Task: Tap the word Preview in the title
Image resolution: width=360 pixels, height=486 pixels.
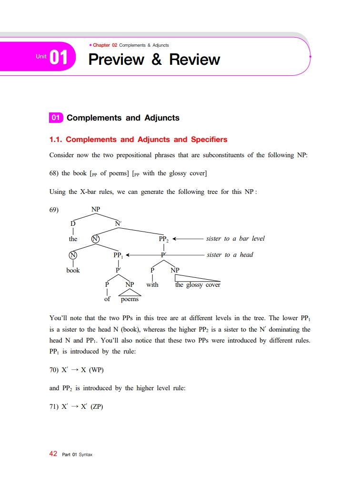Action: [x=117, y=60]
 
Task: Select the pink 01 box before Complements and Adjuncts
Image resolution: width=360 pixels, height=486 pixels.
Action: [x=56, y=118]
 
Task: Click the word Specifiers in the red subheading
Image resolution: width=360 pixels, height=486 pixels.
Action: [x=209, y=140]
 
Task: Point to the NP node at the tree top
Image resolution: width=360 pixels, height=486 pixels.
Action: [x=96, y=209]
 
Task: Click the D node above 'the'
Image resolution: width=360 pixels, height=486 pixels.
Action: [x=73, y=223]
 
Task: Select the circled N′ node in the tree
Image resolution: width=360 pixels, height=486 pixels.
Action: [x=96, y=239]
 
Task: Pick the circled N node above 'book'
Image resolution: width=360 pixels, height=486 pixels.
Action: [x=73, y=255]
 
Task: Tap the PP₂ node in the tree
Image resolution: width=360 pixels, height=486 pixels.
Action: [x=164, y=239]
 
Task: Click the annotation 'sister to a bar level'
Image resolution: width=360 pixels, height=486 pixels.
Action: [x=235, y=238]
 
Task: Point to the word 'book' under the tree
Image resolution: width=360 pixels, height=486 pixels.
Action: [x=73, y=270]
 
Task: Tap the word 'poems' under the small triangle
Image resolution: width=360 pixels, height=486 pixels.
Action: [x=130, y=299]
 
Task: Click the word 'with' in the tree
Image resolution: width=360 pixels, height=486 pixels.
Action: [x=152, y=285]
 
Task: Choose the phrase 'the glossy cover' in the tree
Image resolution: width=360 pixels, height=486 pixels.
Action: [x=198, y=285]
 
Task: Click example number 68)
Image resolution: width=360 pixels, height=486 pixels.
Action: [x=54, y=173]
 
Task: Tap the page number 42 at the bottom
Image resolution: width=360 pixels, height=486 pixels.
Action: [x=53, y=454]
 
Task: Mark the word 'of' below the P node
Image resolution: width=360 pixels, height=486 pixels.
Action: [x=107, y=299]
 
